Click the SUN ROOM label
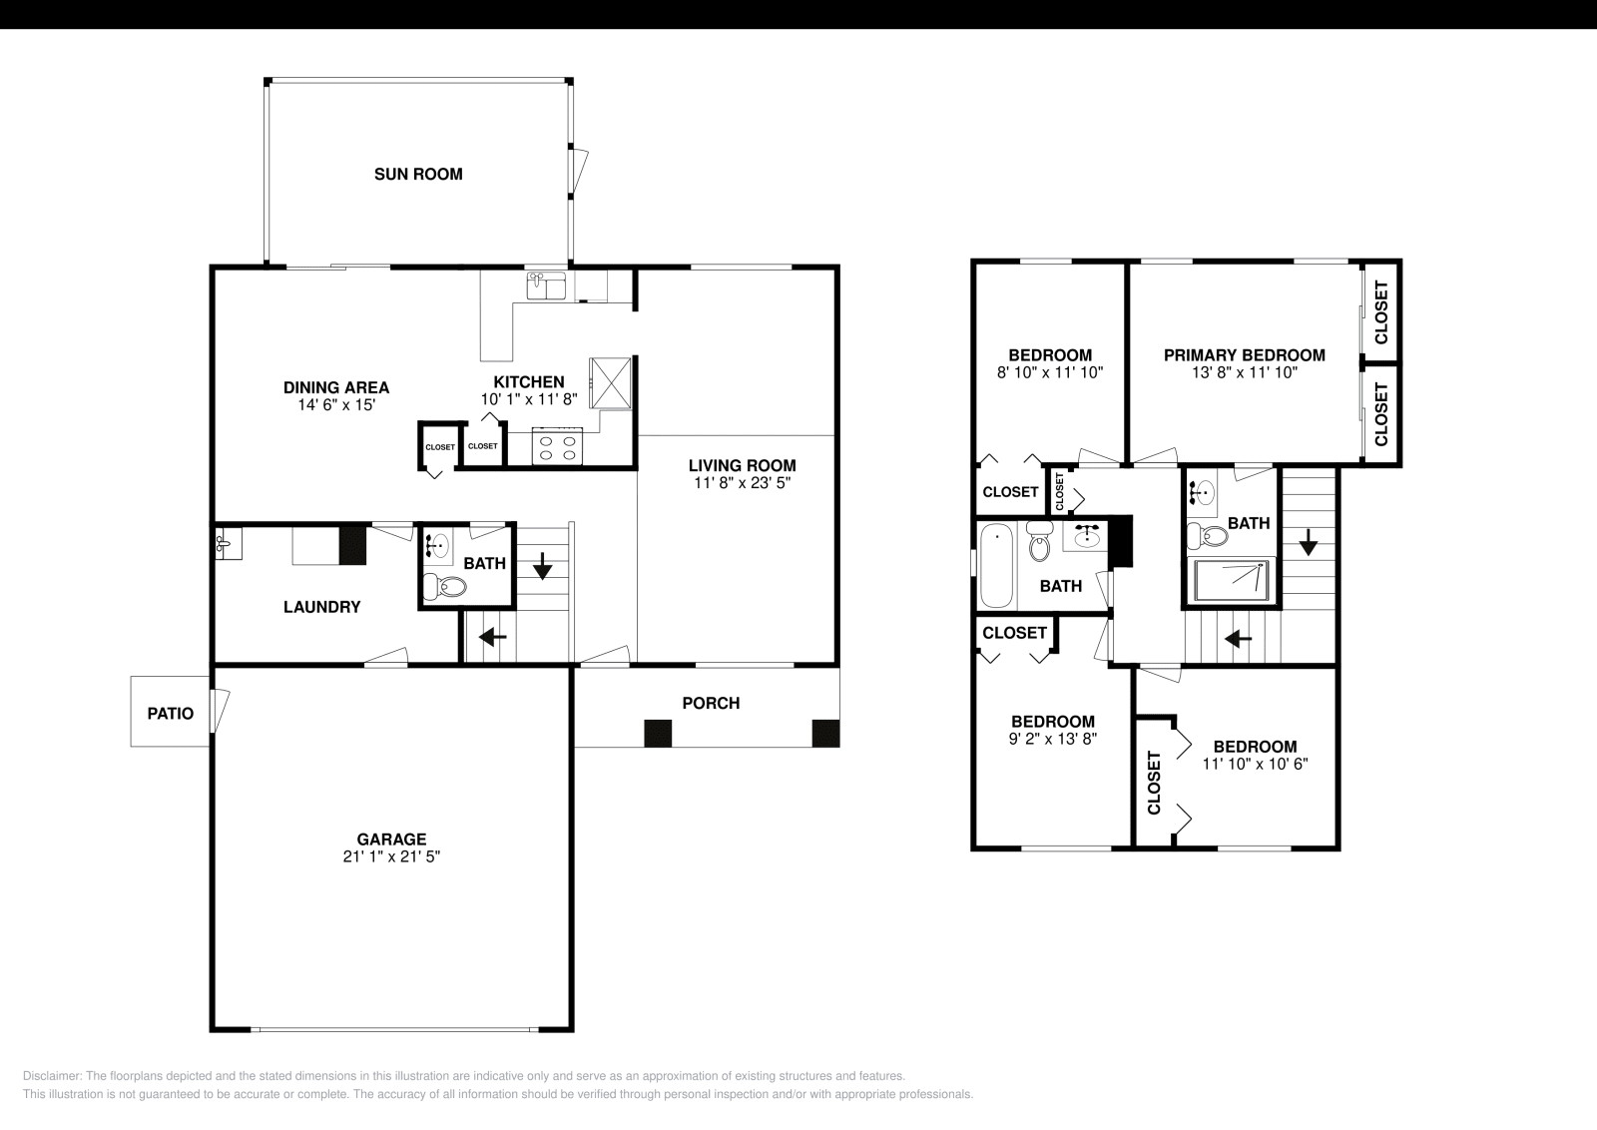click(418, 174)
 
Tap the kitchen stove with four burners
click(558, 445)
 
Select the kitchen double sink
click(546, 285)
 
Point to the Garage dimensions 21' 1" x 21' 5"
click(392, 856)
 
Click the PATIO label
click(171, 714)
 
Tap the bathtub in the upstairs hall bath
click(996, 566)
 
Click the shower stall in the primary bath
click(1234, 581)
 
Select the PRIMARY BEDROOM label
click(1244, 355)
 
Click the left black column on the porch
click(658, 733)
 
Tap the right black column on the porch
click(825, 733)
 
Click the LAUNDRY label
click(321, 607)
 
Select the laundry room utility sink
click(223, 544)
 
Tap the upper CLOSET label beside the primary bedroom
click(1381, 312)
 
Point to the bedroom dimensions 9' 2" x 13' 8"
click(1052, 739)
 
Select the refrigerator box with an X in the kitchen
click(610, 383)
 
